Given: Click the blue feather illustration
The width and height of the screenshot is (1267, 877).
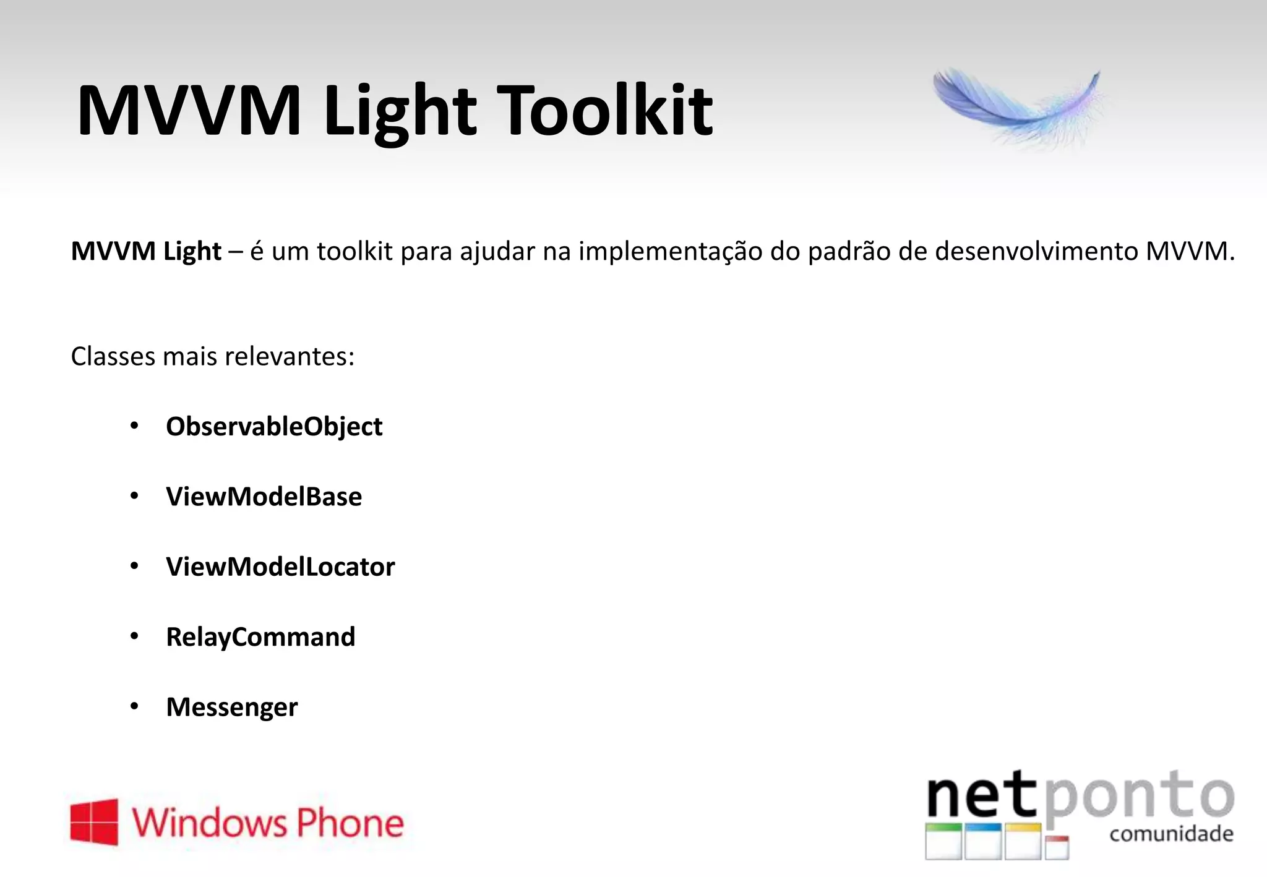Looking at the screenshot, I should pos(1018,108).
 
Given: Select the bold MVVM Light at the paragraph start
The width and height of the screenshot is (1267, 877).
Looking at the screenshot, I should pos(146,252).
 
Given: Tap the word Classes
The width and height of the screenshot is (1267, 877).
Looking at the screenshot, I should pos(113,356).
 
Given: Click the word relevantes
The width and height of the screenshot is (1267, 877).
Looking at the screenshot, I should pos(289,356).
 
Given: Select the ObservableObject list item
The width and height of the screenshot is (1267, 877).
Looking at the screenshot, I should pos(274,427).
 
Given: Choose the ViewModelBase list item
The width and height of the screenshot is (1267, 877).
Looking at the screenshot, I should pos(264,497).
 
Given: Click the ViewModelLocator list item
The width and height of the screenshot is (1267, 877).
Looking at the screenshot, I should pos(280,567).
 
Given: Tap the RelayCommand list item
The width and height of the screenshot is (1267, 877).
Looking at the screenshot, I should pos(260,637).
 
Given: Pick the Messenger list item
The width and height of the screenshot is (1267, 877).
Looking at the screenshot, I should pos(231,707).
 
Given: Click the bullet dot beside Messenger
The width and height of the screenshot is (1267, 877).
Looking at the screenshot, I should pos(134,706).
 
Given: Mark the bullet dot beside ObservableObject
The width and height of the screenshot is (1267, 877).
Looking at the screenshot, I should pos(134,426).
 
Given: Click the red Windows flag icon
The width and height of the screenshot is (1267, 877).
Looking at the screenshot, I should pos(94,822).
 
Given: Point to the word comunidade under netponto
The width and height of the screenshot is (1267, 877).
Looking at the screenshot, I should pos(1171,834).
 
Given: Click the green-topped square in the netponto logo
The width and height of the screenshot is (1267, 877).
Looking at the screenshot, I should pos(943,841).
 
